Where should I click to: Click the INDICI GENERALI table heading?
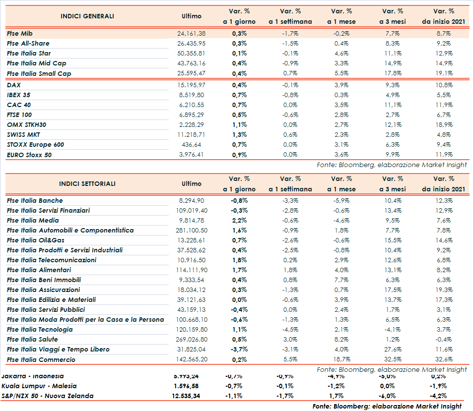[87, 16]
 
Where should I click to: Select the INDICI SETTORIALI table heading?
[87, 184]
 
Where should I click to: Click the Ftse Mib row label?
[20, 34]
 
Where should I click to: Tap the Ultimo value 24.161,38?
[191, 34]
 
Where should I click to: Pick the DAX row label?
[14, 85]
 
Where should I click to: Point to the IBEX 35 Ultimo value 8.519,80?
[191, 95]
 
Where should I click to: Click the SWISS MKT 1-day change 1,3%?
[239, 135]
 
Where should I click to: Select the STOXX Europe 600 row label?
[35, 145]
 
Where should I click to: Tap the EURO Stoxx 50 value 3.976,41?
[191, 155]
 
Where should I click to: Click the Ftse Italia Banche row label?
[35, 201]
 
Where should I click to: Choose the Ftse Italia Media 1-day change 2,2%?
[239, 221]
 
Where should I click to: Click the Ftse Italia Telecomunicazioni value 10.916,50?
[191, 260]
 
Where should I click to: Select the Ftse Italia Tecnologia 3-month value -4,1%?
[392, 330]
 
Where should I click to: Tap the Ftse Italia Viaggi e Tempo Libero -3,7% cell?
[239, 350]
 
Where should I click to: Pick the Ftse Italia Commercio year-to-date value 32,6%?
[444, 359]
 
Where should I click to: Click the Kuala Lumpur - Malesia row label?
[39, 386]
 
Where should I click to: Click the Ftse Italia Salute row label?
[32, 340]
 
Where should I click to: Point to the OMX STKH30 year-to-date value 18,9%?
[444, 125]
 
